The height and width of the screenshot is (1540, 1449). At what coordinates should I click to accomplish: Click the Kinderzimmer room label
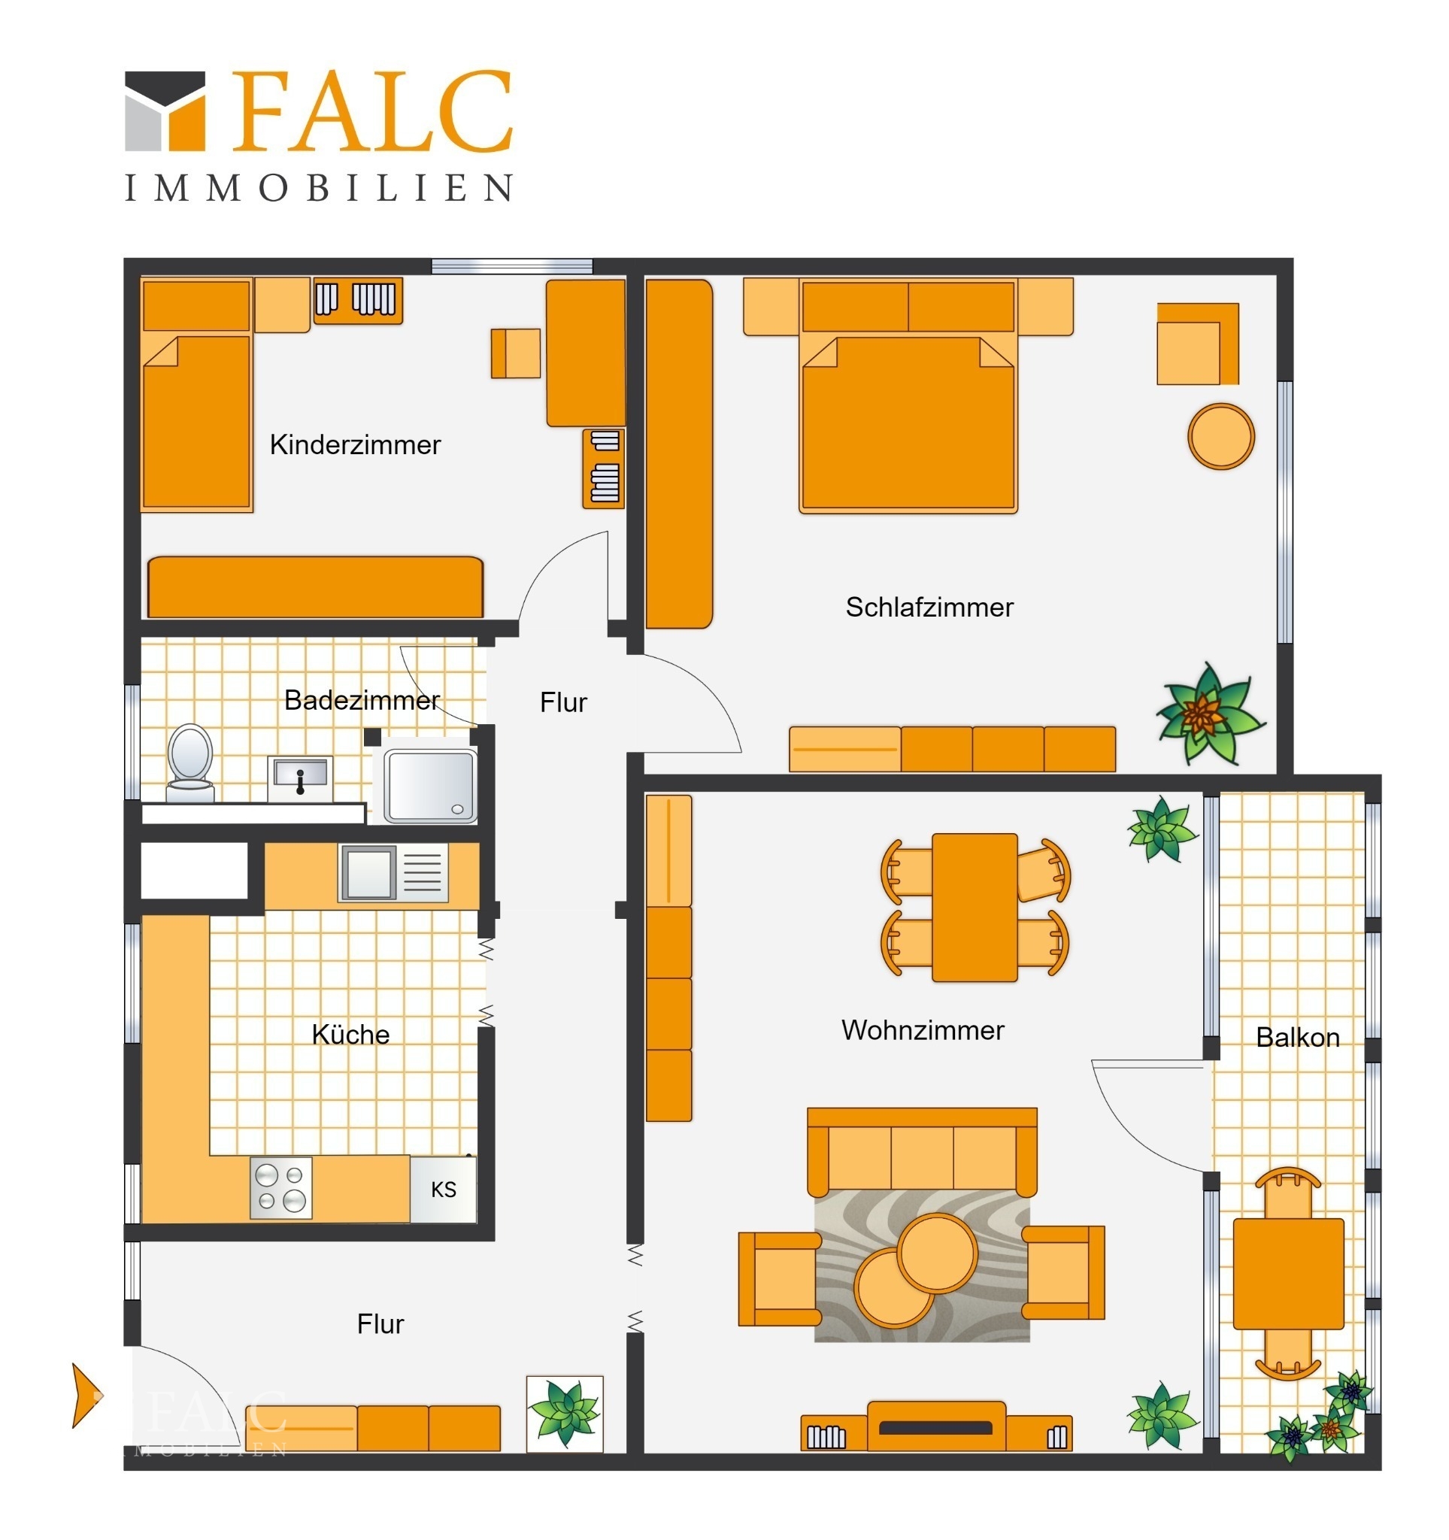point(355,444)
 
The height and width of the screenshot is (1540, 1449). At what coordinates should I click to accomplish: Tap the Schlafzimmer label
point(929,607)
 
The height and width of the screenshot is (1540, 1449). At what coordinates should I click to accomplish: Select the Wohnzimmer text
point(923,1029)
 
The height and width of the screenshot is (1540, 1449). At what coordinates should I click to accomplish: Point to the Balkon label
point(1297,1036)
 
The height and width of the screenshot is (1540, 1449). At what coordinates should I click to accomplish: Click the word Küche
point(350,1034)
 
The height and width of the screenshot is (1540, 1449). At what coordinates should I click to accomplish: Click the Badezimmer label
point(362,699)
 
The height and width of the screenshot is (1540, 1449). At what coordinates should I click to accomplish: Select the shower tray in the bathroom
point(431,786)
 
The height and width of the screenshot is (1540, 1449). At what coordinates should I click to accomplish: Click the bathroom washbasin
point(300,778)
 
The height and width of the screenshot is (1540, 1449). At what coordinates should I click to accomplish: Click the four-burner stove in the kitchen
point(280,1187)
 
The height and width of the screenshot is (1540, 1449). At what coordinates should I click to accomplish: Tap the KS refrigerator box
point(443,1189)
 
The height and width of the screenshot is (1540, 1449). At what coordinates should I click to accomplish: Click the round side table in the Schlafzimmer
point(1220,436)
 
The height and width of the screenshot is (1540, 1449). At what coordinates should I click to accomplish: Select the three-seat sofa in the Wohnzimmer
point(922,1152)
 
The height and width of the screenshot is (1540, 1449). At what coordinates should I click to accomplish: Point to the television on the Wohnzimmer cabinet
point(935,1428)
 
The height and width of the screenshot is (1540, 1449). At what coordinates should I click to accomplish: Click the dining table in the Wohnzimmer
point(975,907)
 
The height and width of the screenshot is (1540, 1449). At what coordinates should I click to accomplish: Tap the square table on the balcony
point(1288,1274)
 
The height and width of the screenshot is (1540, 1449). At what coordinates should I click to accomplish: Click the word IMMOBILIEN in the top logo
point(318,188)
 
